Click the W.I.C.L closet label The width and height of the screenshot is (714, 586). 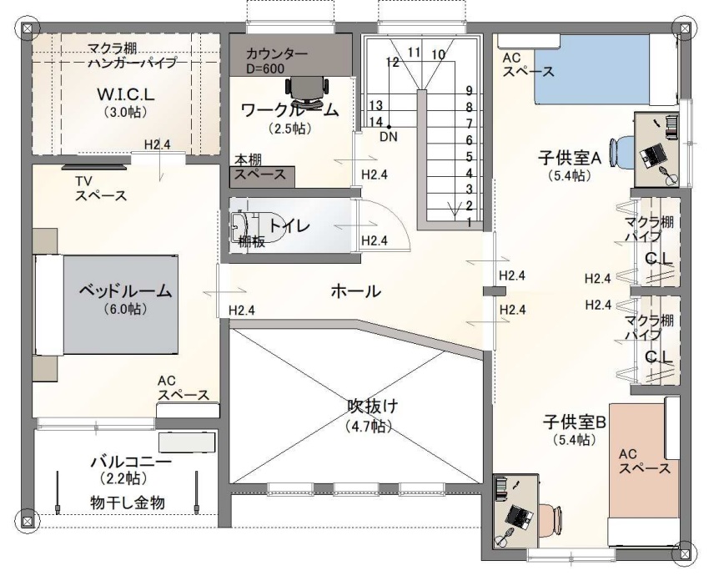[126, 94]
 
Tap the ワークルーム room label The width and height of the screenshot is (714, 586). [289, 110]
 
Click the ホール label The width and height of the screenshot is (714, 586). [355, 290]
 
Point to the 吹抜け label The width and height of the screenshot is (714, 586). [373, 405]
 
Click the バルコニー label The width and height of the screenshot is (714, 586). [131, 462]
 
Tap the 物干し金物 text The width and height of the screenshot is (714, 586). [127, 503]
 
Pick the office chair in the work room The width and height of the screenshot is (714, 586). [307, 88]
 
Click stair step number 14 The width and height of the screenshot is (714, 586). [376, 122]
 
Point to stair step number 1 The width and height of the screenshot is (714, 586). [469, 222]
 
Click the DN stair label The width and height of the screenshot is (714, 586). [389, 136]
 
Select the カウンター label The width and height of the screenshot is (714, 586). [277, 53]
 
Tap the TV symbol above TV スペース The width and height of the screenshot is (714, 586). [94, 168]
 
